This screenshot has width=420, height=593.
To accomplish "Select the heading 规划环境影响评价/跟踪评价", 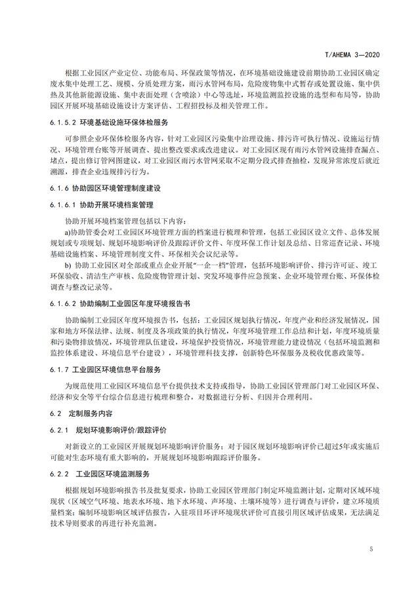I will pos(121,430).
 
